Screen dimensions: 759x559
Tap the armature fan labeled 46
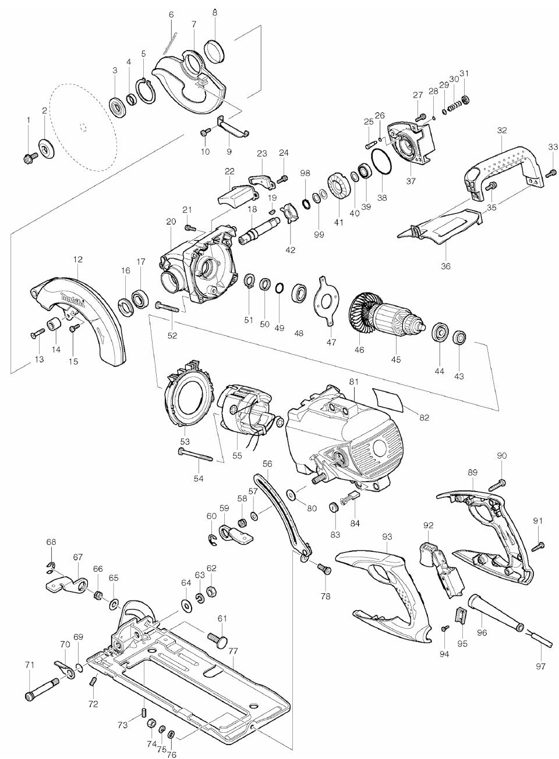click(x=360, y=318)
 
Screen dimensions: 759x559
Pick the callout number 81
click(x=353, y=382)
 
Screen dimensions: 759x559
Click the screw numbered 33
click(x=550, y=170)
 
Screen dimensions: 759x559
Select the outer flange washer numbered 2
click(x=45, y=145)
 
